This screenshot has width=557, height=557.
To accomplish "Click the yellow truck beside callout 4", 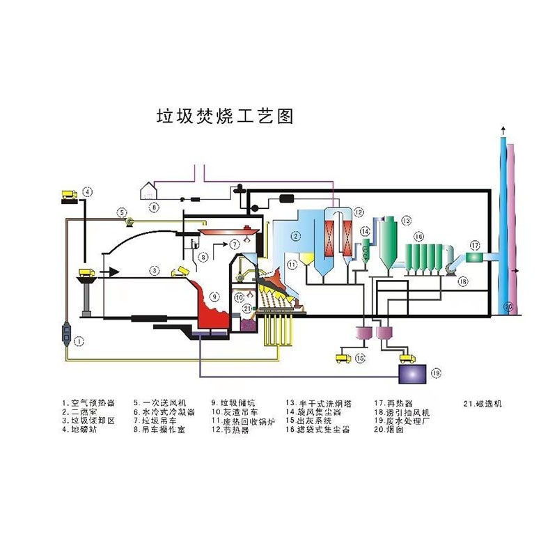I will [x=69, y=194].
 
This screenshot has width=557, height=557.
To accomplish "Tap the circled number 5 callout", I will [x=121, y=212].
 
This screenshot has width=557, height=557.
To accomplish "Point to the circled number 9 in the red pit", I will [x=215, y=297].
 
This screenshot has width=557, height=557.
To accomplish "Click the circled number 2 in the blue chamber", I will [x=296, y=237].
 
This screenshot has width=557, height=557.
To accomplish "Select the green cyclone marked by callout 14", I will [x=363, y=250].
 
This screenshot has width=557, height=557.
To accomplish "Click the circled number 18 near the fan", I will [x=463, y=281].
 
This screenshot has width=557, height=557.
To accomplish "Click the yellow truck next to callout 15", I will [x=343, y=359].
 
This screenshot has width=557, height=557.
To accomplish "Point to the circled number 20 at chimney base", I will [x=509, y=306].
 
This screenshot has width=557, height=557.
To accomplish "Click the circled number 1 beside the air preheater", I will [x=79, y=341].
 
